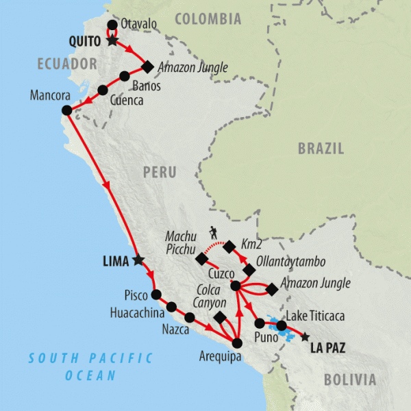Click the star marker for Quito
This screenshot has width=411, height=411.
point(112,40)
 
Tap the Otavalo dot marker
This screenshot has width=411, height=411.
point(112,25)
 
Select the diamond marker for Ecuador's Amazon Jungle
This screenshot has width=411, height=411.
point(147,66)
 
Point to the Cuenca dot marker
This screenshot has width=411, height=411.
point(103,89)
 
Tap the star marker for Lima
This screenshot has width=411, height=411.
point(138,260)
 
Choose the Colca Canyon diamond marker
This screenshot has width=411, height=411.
point(220,318)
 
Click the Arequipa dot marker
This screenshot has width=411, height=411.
point(237,343)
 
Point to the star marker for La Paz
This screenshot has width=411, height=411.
point(305,336)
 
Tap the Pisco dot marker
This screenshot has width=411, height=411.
point(155,295)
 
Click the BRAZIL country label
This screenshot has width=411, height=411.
point(321,149)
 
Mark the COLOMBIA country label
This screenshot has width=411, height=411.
point(208,19)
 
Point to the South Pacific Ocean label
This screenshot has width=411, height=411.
point(90,366)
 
